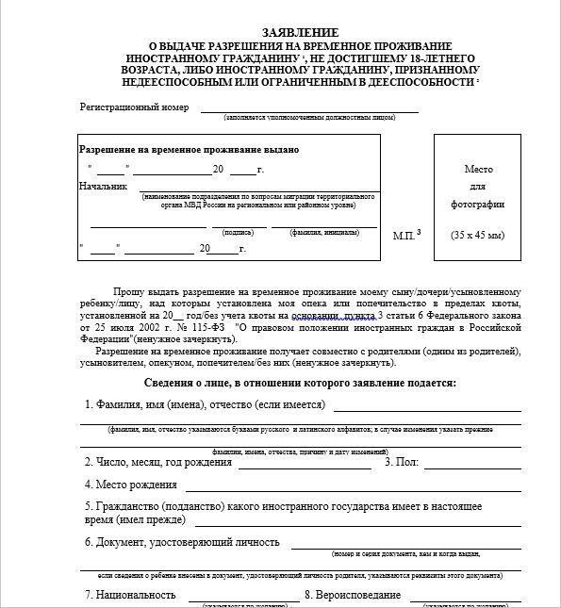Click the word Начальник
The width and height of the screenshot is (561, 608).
click(x=103, y=186)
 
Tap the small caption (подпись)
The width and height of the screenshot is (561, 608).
click(x=238, y=231)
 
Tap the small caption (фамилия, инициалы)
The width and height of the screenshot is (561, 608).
click(x=321, y=231)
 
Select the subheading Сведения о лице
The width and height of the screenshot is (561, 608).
click(x=300, y=383)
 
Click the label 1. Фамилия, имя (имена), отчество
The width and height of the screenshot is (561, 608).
click(x=205, y=405)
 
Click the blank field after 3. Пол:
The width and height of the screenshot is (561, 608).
click(x=471, y=464)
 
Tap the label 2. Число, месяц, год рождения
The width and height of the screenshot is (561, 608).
click(x=157, y=462)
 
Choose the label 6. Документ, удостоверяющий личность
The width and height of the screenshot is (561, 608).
click(x=182, y=542)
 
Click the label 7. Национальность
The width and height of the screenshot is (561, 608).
click(x=130, y=595)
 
